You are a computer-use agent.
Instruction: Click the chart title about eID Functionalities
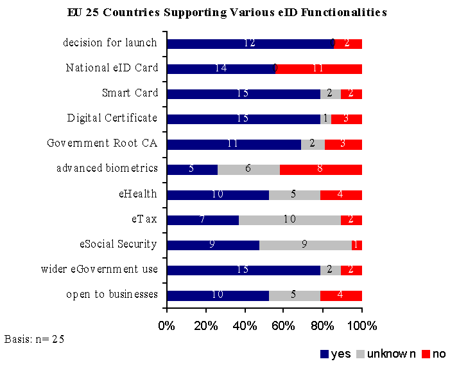(x=227, y=12)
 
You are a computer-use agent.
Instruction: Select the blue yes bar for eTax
(x=202, y=220)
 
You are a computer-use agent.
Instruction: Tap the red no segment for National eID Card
(x=319, y=69)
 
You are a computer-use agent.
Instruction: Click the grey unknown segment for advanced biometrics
(x=248, y=170)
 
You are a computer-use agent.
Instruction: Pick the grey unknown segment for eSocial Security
(x=306, y=245)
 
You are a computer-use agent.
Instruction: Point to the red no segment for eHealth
(x=341, y=195)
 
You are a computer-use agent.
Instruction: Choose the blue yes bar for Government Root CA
(x=234, y=144)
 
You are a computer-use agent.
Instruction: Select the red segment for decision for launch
(x=348, y=44)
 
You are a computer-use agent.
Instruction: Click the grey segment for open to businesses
(x=294, y=295)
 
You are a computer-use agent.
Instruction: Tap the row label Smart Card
(x=130, y=93)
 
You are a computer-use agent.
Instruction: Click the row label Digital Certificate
(x=112, y=118)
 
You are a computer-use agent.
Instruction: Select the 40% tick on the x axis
(x=245, y=325)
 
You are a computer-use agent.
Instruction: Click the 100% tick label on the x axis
(x=362, y=325)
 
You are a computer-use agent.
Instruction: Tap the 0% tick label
(x=167, y=325)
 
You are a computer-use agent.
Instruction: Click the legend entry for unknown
(x=386, y=354)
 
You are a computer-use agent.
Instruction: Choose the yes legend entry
(x=335, y=354)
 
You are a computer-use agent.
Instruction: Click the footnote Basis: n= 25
(x=34, y=338)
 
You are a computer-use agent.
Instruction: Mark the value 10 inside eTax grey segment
(x=290, y=220)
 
